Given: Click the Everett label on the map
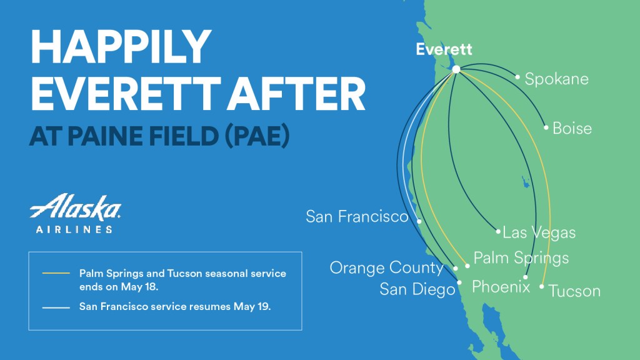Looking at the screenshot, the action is click(x=444, y=49).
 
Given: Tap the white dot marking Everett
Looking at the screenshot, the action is click(x=456, y=69).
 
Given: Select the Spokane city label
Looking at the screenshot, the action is click(x=556, y=79).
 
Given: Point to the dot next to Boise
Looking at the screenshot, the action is click(x=546, y=127).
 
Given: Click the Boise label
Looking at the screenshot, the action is click(x=572, y=129).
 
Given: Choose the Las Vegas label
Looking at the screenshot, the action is click(x=539, y=232).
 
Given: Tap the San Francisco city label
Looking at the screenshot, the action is click(x=357, y=216).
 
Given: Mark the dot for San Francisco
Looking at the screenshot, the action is click(x=419, y=221).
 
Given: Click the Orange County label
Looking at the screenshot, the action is click(x=386, y=267).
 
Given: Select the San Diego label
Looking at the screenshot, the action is click(x=417, y=289).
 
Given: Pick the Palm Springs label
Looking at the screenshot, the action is click(x=521, y=258).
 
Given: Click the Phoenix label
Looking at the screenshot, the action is click(x=501, y=287).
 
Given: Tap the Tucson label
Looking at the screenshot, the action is click(x=574, y=291).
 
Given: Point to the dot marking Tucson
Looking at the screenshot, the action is click(x=542, y=286).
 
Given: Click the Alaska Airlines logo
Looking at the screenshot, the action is click(x=76, y=213).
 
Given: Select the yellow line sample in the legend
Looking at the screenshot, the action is click(x=56, y=273).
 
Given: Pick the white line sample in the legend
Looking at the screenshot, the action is click(x=56, y=307).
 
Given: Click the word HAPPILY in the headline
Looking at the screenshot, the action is click(x=121, y=46).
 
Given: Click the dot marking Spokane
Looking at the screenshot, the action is click(x=517, y=77).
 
